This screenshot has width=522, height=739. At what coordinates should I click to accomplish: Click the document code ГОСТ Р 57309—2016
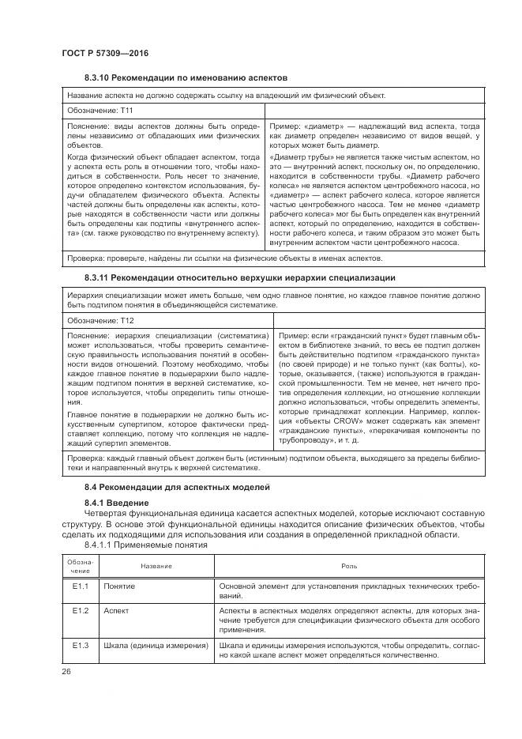(x=105, y=52)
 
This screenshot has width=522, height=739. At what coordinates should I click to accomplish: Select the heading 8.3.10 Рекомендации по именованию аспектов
(x=185, y=77)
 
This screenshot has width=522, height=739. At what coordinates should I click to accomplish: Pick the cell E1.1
(x=80, y=587)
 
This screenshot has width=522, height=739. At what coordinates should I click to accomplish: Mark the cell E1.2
(x=80, y=611)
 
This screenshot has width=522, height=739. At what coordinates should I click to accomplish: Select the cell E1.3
(x=80, y=646)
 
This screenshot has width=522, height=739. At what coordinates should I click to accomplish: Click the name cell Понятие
(x=119, y=587)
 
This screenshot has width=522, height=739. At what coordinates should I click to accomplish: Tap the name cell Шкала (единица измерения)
(x=155, y=646)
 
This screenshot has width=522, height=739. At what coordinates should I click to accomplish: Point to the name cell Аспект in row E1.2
(x=116, y=611)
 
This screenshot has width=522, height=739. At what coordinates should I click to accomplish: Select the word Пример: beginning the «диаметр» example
(x=287, y=126)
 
